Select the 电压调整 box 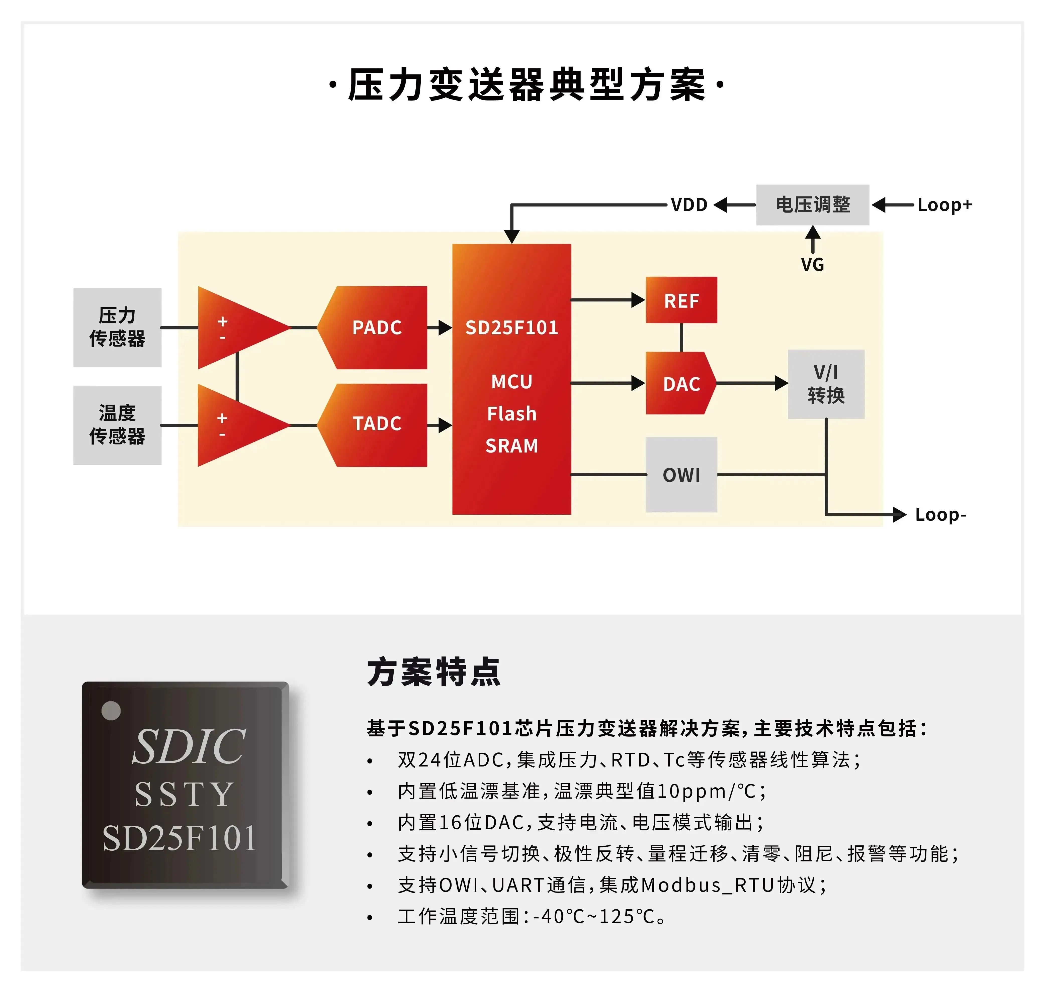pyautogui.click(x=812, y=205)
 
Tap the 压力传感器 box pyautogui.click(x=117, y=327)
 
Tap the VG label pyautogui.click(x=812, y=264)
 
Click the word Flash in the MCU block pyautogui.click(x=511, y=413)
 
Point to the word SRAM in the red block pyautogui.click(x=511, y=446)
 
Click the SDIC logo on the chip pyautogui.click(x=188, y=747)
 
